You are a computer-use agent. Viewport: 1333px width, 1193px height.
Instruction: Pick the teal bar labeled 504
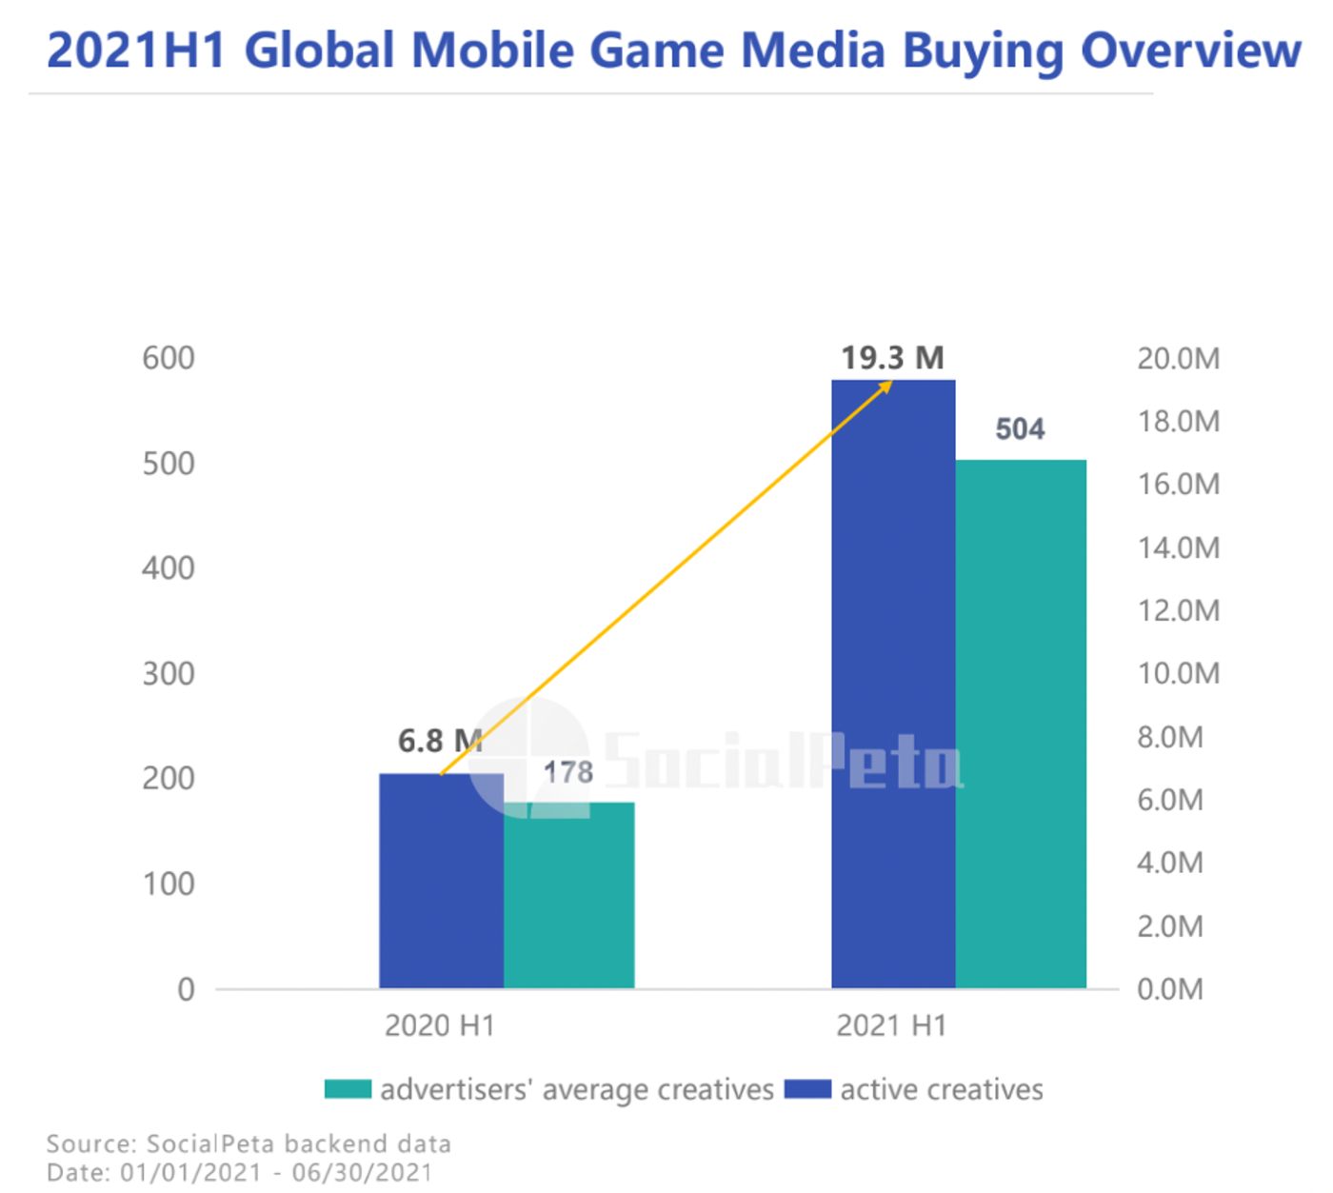point(1021,724)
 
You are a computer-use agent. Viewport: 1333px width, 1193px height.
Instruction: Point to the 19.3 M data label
point(892,358)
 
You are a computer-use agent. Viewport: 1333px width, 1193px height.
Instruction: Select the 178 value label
point(568,772)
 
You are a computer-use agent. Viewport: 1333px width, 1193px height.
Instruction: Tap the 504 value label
point(1020,429)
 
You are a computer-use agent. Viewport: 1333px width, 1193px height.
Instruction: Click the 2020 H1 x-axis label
point(440,1025)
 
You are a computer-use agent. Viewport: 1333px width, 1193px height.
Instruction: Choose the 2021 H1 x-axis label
point(892,1025)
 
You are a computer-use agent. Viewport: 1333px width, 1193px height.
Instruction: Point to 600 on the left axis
point(169,358)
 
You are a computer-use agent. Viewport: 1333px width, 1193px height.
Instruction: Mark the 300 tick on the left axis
point(169,674)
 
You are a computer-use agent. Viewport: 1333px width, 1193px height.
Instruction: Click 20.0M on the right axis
point(1178,359)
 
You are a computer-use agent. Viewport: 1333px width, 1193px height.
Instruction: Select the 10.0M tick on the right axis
point(1178,674)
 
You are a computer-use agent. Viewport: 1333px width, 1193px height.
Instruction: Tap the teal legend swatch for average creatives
point(348,1089)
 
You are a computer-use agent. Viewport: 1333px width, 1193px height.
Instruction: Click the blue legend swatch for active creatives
point(807,1089)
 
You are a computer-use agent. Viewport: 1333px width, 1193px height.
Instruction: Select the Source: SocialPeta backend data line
point(249,1143)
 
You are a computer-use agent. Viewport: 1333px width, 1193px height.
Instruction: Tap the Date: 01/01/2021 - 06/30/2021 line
point(239,1172)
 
